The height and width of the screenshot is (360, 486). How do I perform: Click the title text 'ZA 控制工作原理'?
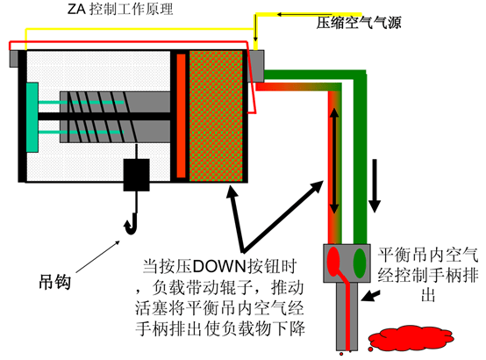click(120, 9)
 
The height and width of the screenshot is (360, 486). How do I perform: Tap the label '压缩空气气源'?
click(359, 23)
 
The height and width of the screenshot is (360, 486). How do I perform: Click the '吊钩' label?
click(55, 282)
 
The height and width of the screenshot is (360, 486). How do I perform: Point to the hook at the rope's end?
click(132, 223)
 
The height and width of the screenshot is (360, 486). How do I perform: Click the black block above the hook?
click(136, 175)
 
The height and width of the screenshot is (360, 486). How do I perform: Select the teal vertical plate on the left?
click(32, 118)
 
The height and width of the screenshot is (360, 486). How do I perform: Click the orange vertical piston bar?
click(181, 116)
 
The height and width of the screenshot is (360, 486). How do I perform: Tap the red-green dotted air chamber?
click(216, 116)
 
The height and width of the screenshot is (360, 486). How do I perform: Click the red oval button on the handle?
click(334, 262)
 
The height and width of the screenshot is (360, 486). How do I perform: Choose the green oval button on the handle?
click(360, 263)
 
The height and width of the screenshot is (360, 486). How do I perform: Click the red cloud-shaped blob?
click(411, 337)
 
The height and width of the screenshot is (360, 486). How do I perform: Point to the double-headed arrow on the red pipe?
click(334, 161)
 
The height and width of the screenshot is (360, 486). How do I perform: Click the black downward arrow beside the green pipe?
click(375, 185)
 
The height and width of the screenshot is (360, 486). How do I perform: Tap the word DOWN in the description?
click(219, 267)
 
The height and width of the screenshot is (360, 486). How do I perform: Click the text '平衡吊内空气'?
click(428, 256)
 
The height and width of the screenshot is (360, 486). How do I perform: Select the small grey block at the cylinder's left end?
click(14, 58)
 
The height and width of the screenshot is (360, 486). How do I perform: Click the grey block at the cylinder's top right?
click(256, 66)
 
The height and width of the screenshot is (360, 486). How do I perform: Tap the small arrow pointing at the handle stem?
click(371, 296)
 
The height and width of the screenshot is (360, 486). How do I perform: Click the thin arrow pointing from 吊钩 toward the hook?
click(97, 256)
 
